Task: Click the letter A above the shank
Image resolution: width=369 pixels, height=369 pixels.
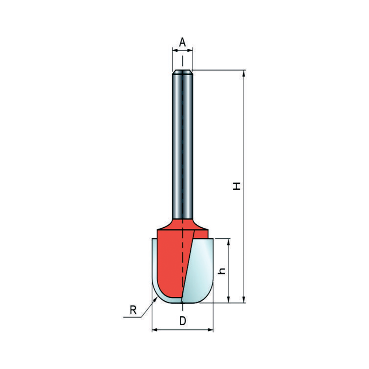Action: pos(182,42)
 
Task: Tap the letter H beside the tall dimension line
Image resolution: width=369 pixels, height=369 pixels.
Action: pos(237,186)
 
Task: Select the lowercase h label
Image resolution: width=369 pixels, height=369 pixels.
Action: pos(221,271)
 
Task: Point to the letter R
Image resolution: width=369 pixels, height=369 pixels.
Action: pos(133,310)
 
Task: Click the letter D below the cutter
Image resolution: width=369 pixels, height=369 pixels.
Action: pos(183,321)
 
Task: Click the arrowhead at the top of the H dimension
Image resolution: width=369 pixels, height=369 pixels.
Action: pos(244,73)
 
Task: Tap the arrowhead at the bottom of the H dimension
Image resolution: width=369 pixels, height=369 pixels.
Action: pos(244,300)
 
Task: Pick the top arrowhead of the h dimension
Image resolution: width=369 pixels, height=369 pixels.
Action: pos(228,241)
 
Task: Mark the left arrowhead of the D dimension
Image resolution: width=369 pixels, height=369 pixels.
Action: pos(155,330)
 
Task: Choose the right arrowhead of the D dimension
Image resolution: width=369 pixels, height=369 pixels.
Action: pos(210,330)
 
